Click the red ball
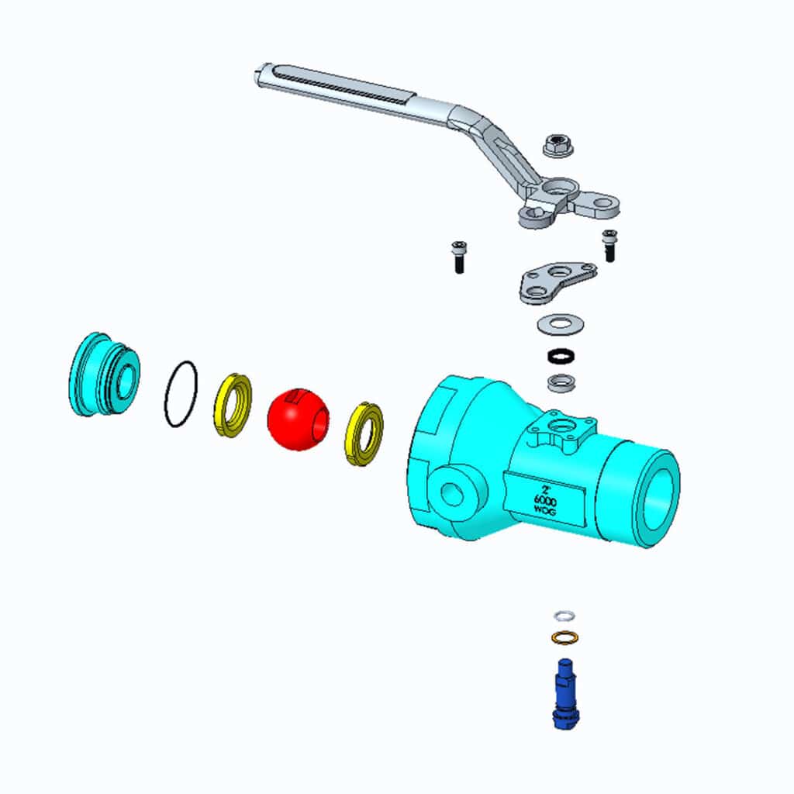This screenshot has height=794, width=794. pos(298,419)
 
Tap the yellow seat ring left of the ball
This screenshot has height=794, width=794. pos(233,405)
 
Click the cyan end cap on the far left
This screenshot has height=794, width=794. pos(103,375)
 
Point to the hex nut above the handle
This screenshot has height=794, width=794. pos(557,145)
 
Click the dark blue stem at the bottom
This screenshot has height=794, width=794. pos(565,694)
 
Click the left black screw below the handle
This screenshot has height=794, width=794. pos(458,257)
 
